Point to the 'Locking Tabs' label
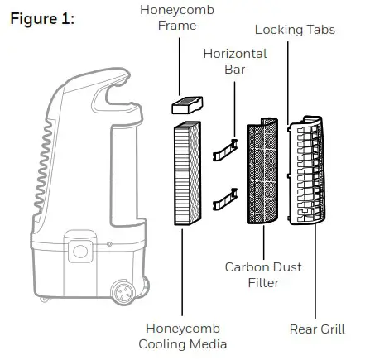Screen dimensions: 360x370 click(x=296, y=29)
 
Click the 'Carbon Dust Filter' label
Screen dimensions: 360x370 click(x=262, y=276)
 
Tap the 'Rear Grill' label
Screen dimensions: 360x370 click(x=317, y=329)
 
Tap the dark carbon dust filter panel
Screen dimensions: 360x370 click(x=265, y=175)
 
